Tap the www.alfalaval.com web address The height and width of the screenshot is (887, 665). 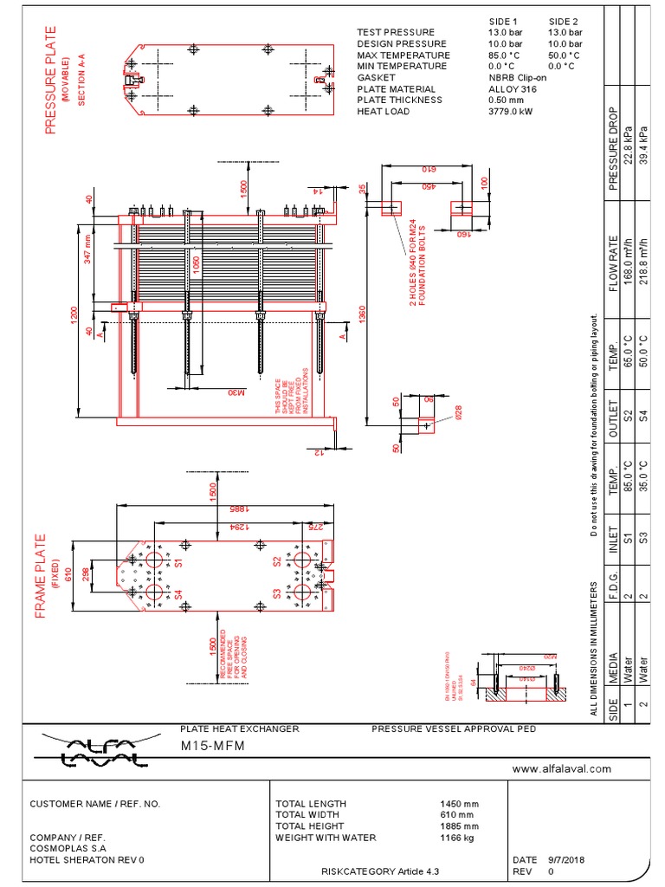(562, 768)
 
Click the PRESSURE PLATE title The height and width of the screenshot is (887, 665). (50, 79)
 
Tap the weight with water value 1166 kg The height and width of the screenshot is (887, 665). (459, 838)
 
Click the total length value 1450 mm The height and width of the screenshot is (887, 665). (460, 804)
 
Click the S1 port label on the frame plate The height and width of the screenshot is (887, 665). (179, 562)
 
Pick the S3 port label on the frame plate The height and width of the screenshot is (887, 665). (277, 594)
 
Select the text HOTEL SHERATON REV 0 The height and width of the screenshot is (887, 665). (87, 860)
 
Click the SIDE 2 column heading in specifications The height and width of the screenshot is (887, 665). (564, 21)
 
